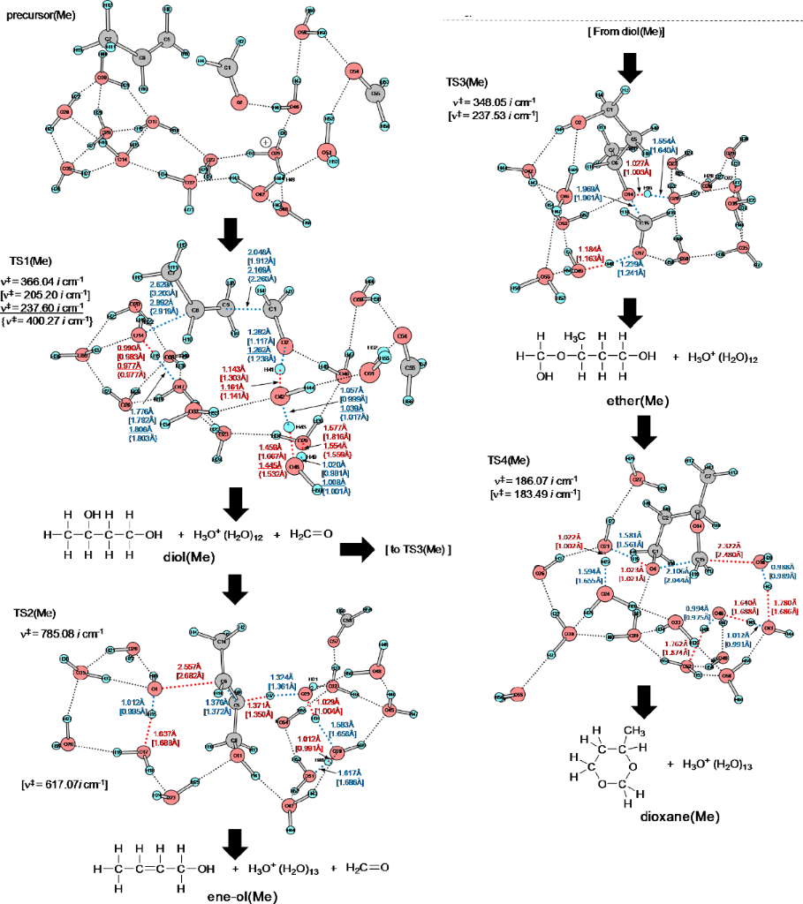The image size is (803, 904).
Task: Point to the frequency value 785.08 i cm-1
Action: pos(74,630)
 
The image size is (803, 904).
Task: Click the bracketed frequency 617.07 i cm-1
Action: pos(66,784)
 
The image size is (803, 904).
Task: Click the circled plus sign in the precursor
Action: pos(265,140)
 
